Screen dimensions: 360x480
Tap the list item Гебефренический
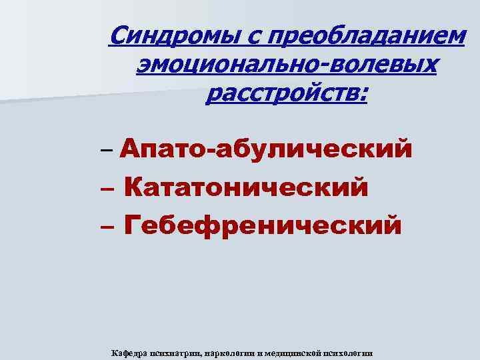point(263,225)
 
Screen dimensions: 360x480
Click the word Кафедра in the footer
point(130,353)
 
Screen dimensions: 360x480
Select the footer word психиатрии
point(178,353)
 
